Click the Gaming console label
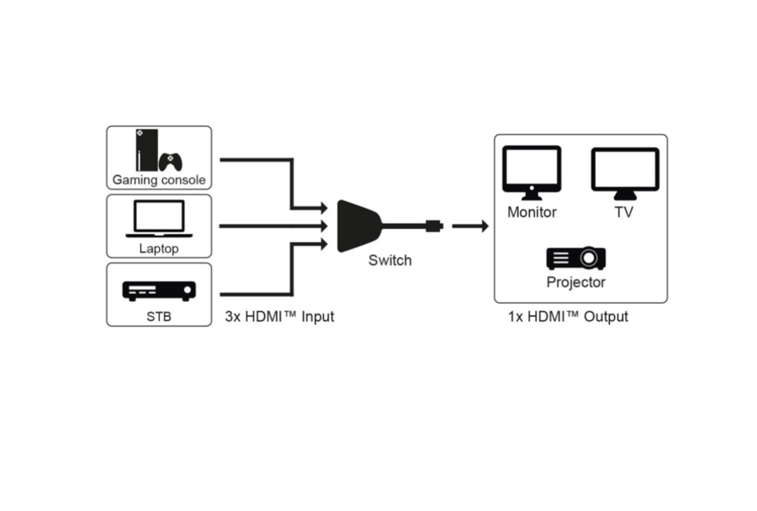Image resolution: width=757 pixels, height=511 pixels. pyautogui.click(x=159, y=180)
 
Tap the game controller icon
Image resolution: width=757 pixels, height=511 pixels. pyautogui.click(x=171, y=162)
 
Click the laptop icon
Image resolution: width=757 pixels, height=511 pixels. pyautogui.click(x=159, y=218)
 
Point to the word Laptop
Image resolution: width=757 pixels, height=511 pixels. pyautogui.click(x=159, y=249)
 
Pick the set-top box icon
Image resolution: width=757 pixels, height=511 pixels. pyautogui.click(x=159, y=290)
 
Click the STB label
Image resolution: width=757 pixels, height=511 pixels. pyautogui.click(x=159, y=317)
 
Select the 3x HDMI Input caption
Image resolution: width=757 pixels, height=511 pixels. pyautogui.click(x=280, y=317)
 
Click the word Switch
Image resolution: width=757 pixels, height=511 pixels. pyautogui.click(x=390, y=260)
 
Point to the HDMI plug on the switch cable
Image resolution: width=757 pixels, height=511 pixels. pyautogui.click(x=434, y=226)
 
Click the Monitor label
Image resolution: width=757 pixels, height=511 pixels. pyautogui.click(x=532, y=212)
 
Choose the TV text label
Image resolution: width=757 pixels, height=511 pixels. pyautogui.click(x=624, y=212)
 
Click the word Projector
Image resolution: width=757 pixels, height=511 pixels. pyautogui.click(x=576, y=282)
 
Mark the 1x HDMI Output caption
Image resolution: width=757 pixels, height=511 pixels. pyautogui.click(x=568, y=317)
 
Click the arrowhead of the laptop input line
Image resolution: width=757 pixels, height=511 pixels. pyautogui.click(x=324, y=226)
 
